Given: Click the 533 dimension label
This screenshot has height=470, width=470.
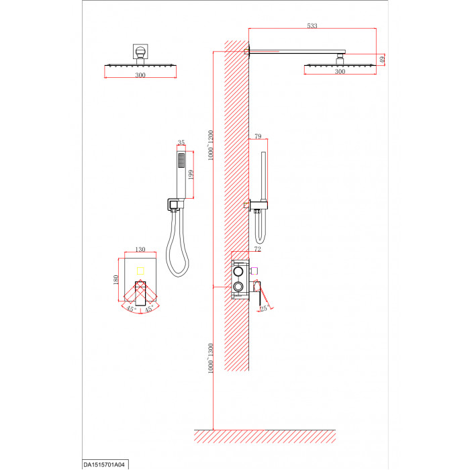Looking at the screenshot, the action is [312, 26].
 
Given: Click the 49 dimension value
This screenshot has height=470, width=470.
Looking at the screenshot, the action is [382, 60].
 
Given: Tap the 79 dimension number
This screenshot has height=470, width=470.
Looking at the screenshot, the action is [258, 136].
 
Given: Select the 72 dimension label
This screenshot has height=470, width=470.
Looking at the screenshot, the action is [257, 249].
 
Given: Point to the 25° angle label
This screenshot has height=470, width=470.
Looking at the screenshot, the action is [264, 308].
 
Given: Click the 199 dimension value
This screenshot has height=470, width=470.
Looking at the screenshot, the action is [191, 175].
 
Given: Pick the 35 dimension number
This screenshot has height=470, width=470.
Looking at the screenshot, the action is [181, 142].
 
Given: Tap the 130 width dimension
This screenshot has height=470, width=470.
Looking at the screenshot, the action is [140, 249].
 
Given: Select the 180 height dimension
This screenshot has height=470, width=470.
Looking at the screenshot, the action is [115, 280].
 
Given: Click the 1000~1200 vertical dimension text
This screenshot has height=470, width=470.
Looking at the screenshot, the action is [210, 145].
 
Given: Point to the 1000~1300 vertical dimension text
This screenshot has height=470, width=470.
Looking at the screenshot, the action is [210, 358].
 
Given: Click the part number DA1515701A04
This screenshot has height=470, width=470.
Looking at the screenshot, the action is [104, 465].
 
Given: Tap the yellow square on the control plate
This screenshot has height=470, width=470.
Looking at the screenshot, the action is [140, 271].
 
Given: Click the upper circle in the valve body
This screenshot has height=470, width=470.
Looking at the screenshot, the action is [238, 271].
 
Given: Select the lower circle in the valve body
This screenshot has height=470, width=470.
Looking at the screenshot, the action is [238, 287].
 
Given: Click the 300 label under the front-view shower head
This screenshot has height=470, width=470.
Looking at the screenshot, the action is [140, 75].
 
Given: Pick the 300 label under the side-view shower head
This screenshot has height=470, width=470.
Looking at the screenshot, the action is [340, 71].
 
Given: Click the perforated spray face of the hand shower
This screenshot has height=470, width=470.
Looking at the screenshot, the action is [181, 160].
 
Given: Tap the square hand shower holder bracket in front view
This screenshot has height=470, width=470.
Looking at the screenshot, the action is [173, 205].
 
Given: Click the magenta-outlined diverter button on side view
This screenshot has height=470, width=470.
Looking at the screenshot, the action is [254, 271].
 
